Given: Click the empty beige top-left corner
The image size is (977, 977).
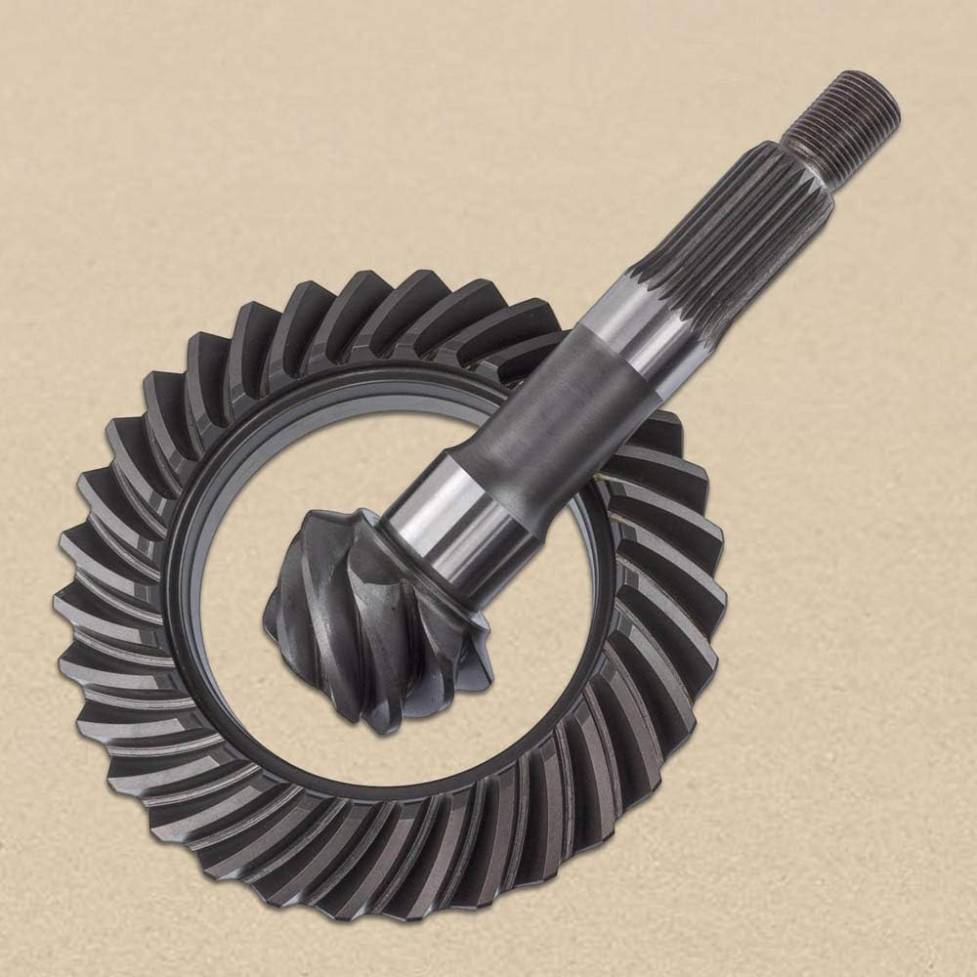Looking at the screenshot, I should pos(59,59).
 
